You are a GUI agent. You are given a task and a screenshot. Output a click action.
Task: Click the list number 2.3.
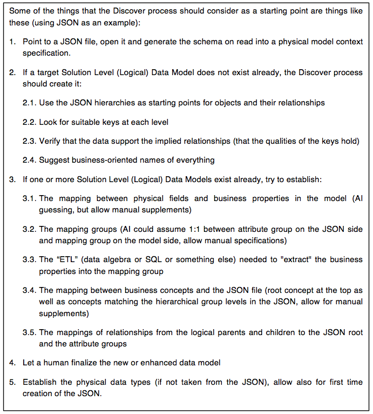(x=29, y=141)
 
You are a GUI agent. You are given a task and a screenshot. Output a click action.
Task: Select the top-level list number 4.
(x=12, y=362)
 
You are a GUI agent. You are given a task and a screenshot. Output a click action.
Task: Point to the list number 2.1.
(x=29, y=103)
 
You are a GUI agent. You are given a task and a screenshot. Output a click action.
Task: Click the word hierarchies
(x=109, y=103)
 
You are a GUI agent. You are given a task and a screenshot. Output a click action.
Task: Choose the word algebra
(x=118, y=259)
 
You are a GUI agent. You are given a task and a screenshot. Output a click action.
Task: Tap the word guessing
(x=55, y=210)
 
